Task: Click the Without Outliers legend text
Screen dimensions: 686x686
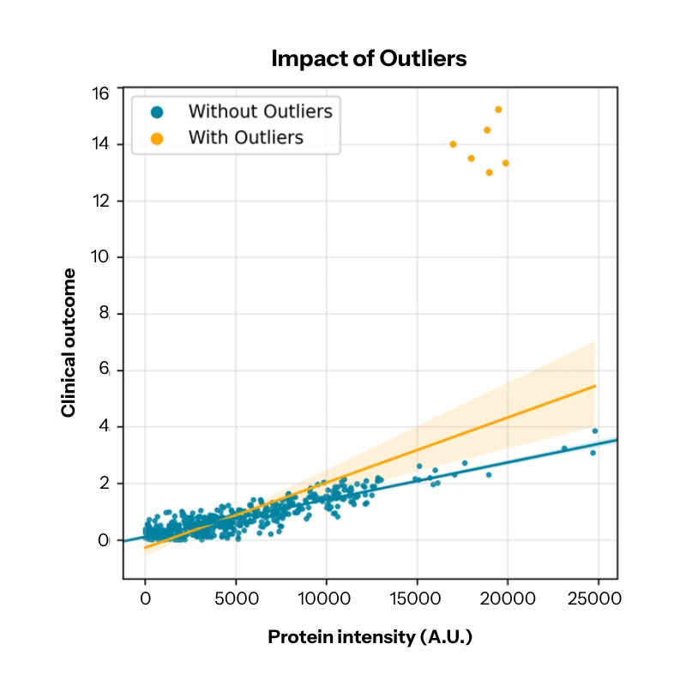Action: point(260,111)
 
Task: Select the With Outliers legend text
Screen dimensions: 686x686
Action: point(245,136)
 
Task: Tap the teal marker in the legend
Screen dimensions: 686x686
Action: point(156,111)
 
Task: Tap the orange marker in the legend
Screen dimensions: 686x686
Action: point(156,137)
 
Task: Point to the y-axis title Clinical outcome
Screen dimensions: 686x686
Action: point(69,342)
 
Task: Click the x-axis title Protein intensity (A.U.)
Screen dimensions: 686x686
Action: point(370,638)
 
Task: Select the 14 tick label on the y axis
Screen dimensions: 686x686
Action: point(102,144)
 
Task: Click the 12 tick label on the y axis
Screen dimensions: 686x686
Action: point(102,201)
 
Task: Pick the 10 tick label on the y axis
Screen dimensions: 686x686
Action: point(102,257)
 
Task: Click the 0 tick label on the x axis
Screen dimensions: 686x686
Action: point(145,597)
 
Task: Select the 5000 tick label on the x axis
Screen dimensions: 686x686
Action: point(236,597)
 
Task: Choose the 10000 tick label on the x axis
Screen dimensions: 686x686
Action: point(326,597)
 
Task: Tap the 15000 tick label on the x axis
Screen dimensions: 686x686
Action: point(417,597)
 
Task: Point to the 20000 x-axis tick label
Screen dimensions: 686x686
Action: point(508,597)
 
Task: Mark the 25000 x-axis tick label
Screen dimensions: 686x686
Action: point(598,597)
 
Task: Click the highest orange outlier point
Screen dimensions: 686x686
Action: point(498,110)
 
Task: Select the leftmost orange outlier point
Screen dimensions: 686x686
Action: point(453,144)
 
